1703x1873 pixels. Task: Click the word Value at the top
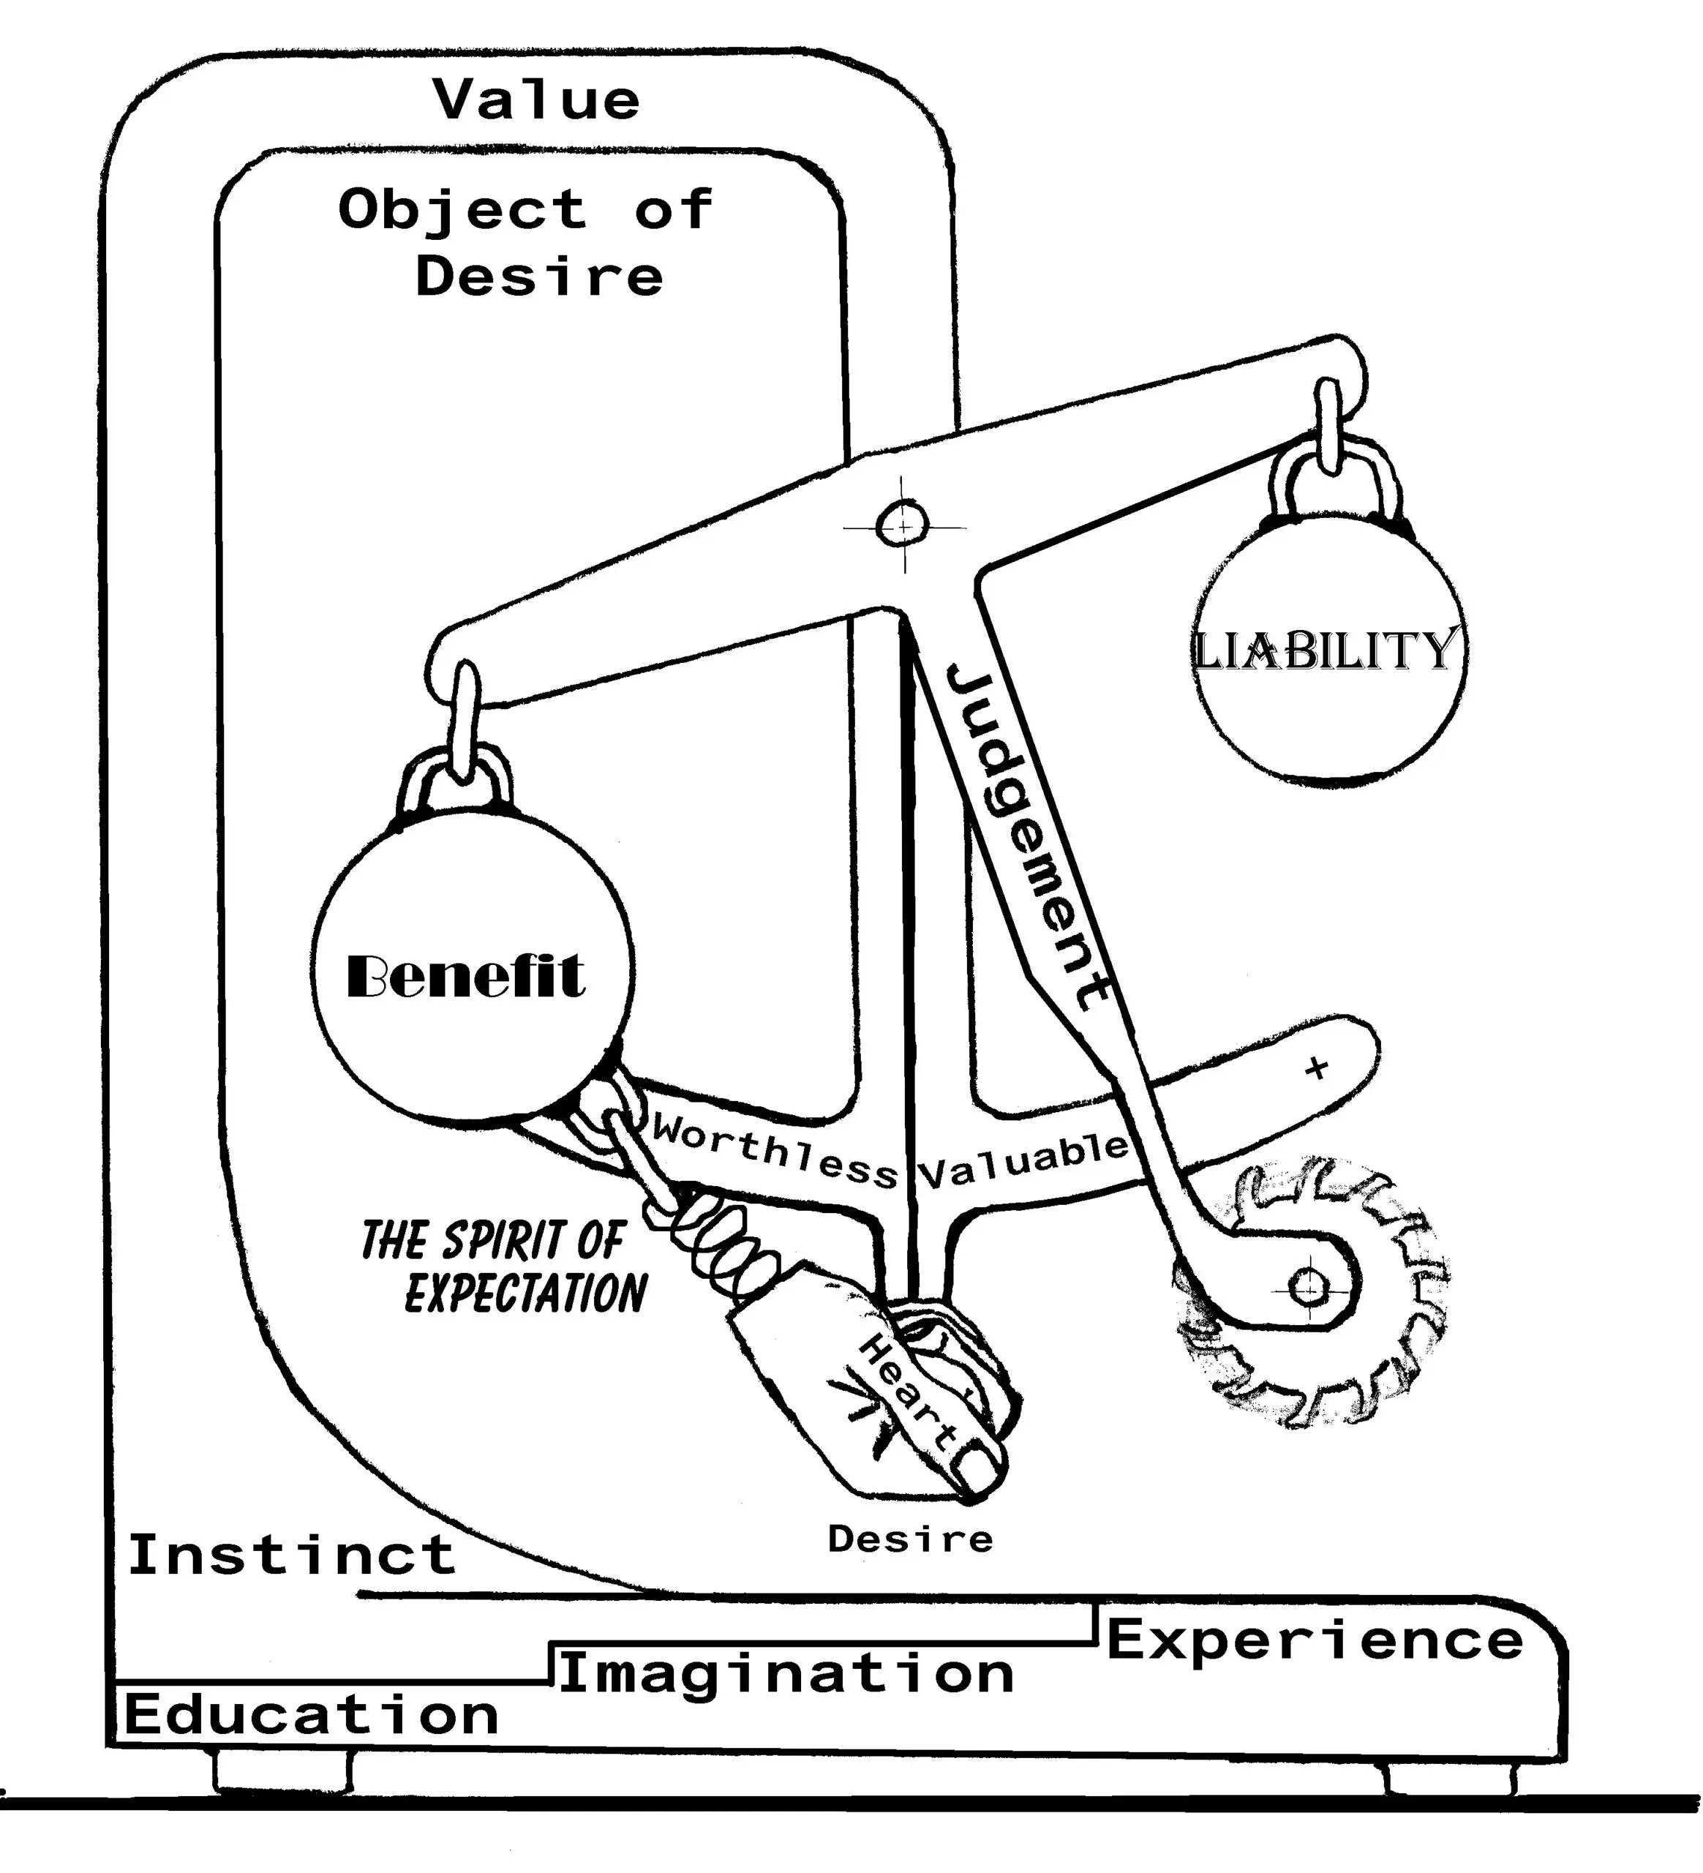tap(537, 100)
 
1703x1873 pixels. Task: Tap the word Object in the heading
tap(462, 209)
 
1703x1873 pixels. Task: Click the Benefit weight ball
tap(472, 970)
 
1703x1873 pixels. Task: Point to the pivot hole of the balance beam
tap(902, 527)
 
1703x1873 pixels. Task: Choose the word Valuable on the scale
tap(1023, 1161)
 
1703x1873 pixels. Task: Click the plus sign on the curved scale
tap(1315, 1068)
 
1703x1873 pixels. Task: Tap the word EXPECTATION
tap(526, 1294)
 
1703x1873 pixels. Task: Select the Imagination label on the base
tap(786, 1674)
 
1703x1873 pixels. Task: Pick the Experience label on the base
tap(1315, 1640)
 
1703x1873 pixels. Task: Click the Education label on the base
tap(311, 1715)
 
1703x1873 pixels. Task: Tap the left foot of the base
tap(282, 1771)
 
